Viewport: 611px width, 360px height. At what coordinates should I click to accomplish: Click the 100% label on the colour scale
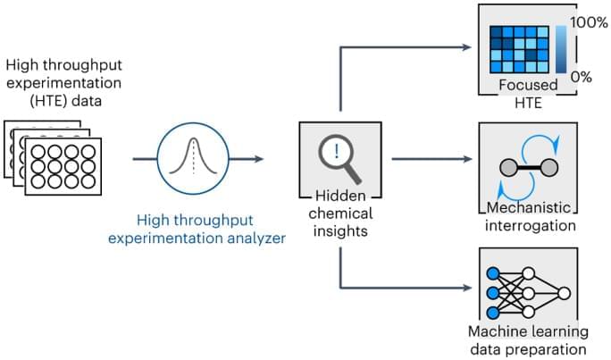(x=588, y=20)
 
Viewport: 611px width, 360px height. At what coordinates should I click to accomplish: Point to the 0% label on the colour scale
(x=582, y=77)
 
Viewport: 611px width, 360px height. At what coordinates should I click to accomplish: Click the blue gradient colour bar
(x=559, y=49)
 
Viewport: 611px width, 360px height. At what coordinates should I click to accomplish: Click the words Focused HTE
(x=528, y=94)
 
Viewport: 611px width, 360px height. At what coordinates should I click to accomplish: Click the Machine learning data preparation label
(x=528, y=341)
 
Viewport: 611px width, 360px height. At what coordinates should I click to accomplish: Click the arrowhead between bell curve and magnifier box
(x=259, y=159)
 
